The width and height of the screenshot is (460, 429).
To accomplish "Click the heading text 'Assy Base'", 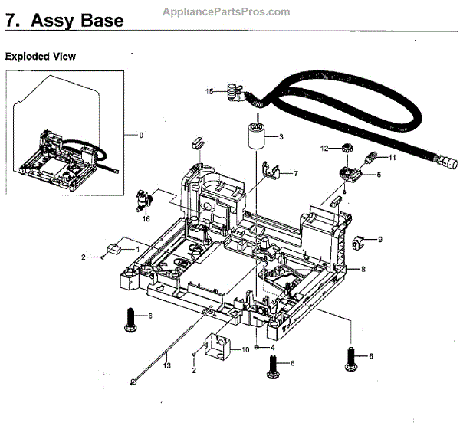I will (77, 21).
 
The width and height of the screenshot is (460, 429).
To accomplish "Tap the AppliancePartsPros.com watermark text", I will (228, 11).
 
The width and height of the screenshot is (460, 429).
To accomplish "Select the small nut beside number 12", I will (345, 147).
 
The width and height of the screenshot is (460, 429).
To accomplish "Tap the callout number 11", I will (392, 158).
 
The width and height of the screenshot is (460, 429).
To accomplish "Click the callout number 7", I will (296, 174).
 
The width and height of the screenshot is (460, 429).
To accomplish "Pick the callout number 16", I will (146, 218).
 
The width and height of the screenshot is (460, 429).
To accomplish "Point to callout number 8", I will (363, 269).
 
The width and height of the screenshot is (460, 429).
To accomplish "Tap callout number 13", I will (167, 366).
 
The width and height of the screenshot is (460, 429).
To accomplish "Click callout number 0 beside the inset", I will (140, 136).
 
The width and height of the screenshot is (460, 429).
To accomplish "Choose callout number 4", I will (273, 347).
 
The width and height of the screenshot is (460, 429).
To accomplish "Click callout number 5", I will (378, 175).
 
